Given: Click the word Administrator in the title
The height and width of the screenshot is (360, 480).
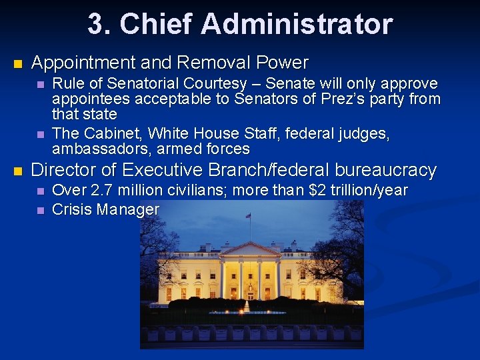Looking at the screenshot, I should coord(297,25).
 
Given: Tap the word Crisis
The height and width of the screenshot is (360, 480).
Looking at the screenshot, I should coord(71,209).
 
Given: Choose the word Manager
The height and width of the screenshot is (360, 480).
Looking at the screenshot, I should coord(128,209).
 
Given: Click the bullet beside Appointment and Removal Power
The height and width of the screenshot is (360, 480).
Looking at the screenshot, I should coord(17,64).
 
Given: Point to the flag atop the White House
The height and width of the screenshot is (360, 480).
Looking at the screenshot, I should coord(247,216).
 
